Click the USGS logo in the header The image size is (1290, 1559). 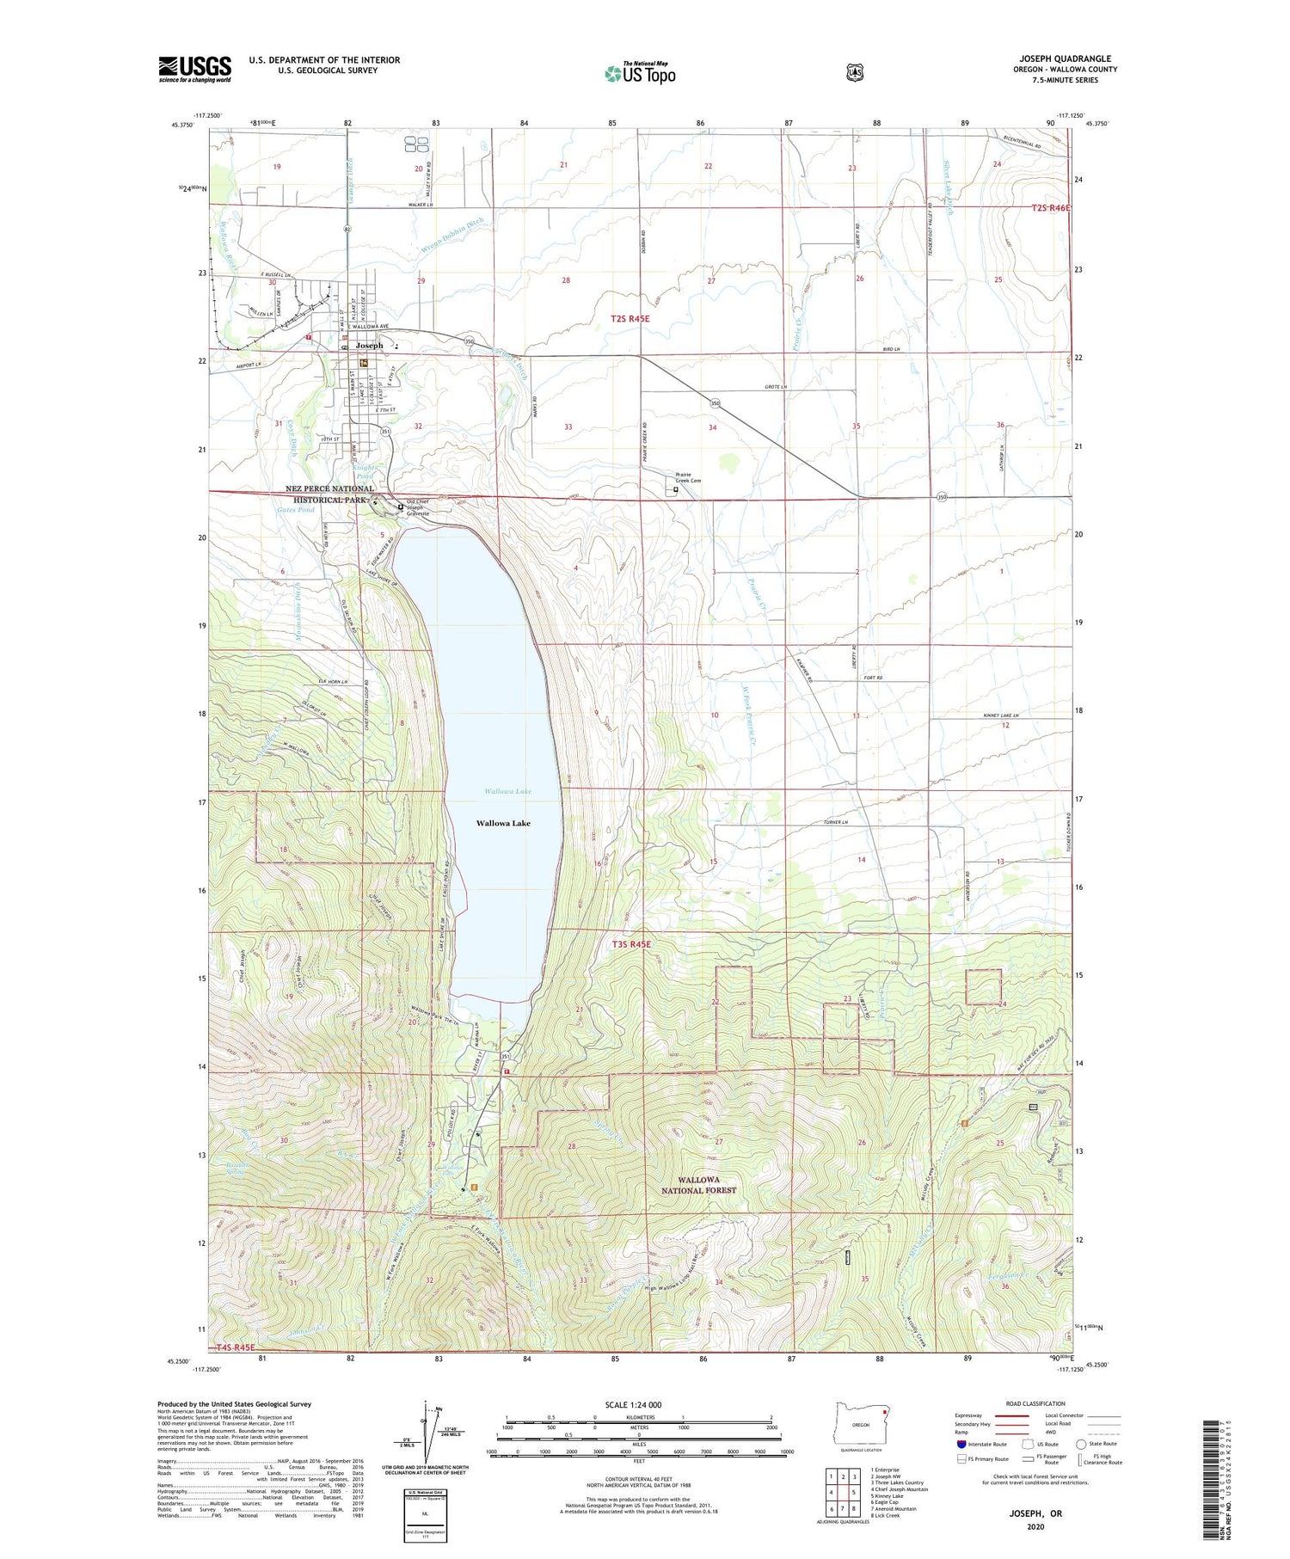pos(194,69)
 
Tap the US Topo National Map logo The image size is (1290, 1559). pos(640,73)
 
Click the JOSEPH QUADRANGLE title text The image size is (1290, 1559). pos(1064,59)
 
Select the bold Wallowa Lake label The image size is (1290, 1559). pos(503,823)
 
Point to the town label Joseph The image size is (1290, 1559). pos(369,346)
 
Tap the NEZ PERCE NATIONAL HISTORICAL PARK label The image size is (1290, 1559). pos(330,494)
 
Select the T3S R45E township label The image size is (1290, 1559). pos(631,945)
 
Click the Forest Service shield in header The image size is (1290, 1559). pos(854,73)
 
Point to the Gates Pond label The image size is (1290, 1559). pos(296,510)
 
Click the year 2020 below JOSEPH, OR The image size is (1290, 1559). pos(1035,1527)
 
